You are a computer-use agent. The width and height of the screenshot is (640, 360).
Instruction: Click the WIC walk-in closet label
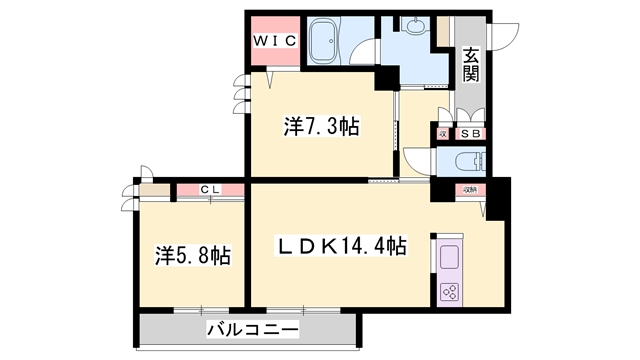click(272, 41)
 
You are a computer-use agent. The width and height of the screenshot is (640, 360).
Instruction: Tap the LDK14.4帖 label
click(341, 245)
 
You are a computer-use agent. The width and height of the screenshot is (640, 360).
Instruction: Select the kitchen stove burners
click(449, 292)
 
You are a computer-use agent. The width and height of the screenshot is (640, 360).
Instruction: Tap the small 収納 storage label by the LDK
click(469, 188)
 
